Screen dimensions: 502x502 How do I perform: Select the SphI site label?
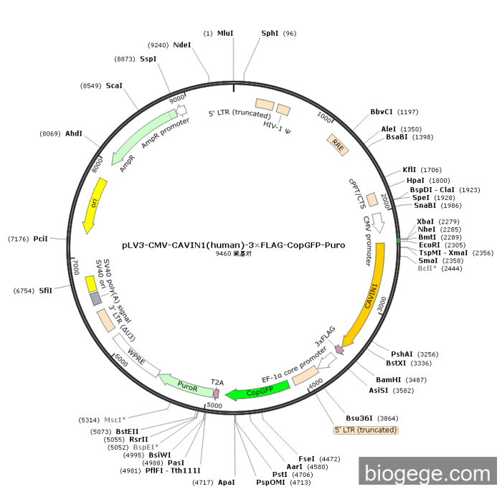coord(270,33)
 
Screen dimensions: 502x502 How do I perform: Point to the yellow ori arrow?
coord(94,204)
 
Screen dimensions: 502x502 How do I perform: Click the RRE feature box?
coord(338,143)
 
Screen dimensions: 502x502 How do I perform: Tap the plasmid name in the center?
coord(233,245)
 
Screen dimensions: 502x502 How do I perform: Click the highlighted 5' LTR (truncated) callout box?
coord(366,430)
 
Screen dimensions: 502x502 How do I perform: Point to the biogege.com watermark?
coord(427,473)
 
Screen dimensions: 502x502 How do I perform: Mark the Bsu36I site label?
coord(362,417)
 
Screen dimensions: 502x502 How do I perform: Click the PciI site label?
coord(40,238)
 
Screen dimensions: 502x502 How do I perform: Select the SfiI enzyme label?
coord(46,290)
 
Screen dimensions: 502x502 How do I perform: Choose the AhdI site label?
coord(74,133)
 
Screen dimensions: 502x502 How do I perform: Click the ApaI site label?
coord(226,483)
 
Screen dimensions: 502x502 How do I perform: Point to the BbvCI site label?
coord(382,112)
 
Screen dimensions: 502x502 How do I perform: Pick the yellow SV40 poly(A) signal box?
coord(92,283)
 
